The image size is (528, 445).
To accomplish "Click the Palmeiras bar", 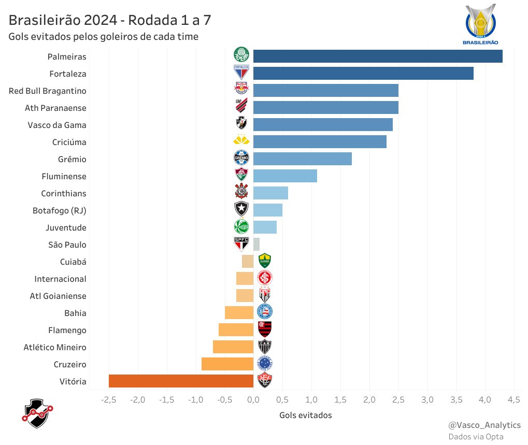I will tap(378, 56).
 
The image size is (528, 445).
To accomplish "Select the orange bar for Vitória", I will tap(181, 381).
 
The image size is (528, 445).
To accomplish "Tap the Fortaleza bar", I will tap(363, 74).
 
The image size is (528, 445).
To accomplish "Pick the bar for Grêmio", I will tap(303, 159).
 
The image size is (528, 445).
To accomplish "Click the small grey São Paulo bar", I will tap(256, 245).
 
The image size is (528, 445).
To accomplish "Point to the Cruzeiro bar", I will tap(227, 364).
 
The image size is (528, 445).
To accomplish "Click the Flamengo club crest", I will tap(265, 329).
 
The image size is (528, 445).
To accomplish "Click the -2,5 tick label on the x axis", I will tap(109, 400).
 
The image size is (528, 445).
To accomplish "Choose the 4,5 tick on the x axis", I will tap(514, 400).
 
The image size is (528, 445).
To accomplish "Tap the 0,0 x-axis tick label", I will tap(253, 400).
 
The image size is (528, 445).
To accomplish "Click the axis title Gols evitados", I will tap(305, 415).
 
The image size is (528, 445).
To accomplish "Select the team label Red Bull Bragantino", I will tap(48, 91).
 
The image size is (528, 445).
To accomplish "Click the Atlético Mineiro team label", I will tap(55, 348).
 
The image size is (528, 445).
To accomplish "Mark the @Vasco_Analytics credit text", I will tap(484, 425).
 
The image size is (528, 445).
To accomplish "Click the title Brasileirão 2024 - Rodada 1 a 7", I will tap(109, 20).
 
